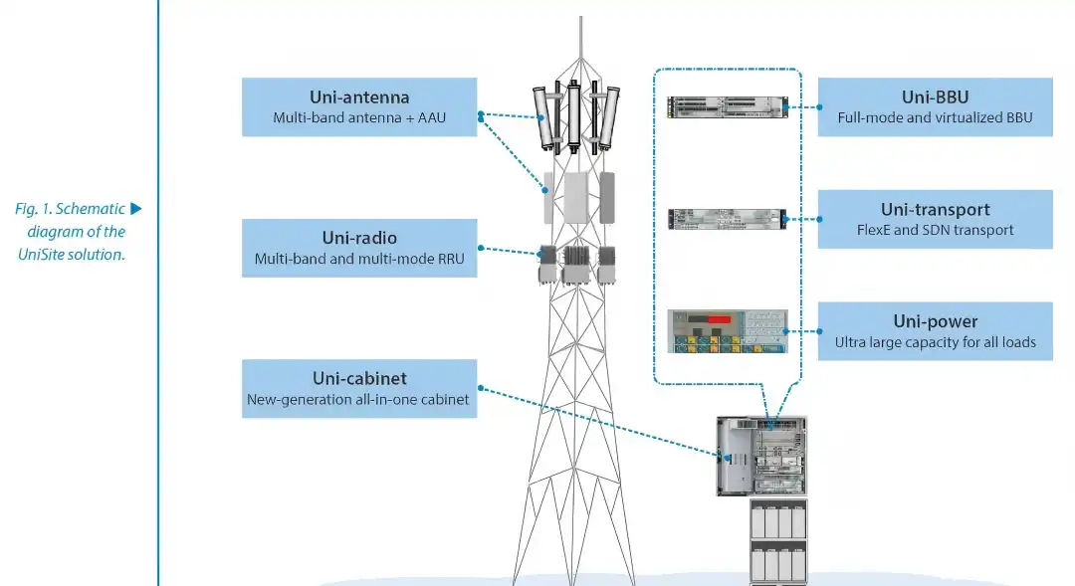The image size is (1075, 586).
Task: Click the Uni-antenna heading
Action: (359, 98)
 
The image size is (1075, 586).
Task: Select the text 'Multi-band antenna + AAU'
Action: (359, 118)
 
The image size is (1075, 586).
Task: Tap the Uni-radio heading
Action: (359, 238)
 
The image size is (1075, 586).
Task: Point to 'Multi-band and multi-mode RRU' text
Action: (359, 259)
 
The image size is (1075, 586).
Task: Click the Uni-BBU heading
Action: (935, 98)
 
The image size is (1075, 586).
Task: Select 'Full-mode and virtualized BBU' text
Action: (935, 117)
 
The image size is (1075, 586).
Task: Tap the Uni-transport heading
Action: (935, 210)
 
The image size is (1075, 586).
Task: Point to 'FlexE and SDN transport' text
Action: (935, 230)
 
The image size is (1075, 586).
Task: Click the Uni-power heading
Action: (935, 321)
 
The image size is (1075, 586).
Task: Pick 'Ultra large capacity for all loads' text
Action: (935, 342)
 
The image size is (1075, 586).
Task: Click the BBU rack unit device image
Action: (727, 106)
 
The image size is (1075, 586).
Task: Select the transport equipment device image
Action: (727, 219)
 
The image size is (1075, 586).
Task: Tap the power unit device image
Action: (727, 331)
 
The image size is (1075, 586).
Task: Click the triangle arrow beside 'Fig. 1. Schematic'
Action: (137, 209)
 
